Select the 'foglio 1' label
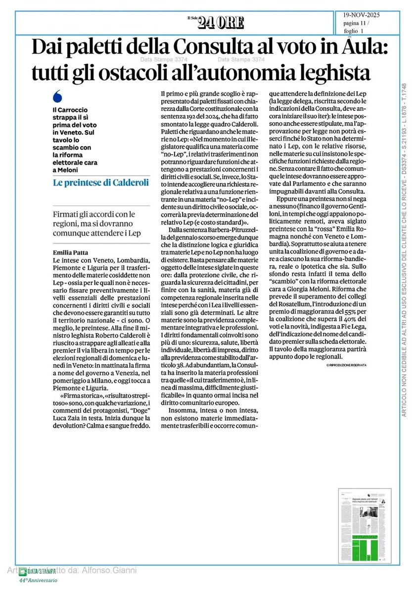tap(353, 31)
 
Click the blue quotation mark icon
tap(57, 96)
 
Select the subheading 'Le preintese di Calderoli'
tap(101, 182)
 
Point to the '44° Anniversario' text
tap(39, 580)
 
